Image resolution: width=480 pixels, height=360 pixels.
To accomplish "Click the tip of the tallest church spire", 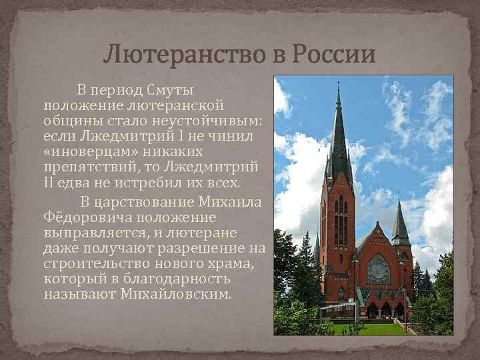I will (338, 83).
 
